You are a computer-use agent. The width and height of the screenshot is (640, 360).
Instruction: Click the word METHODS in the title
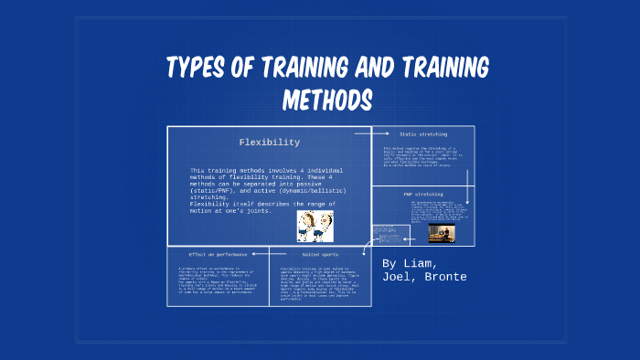[327, 98]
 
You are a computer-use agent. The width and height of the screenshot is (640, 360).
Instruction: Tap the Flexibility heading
[269, 143]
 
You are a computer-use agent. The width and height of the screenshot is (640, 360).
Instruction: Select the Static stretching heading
[422, 134]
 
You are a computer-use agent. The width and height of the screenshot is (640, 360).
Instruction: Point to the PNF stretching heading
[422, 195]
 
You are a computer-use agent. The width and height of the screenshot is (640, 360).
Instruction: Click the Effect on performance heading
[217, 253]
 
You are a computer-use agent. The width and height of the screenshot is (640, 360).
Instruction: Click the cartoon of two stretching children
[315, 225]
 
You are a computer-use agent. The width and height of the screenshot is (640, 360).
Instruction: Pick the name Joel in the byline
[400, 277]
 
